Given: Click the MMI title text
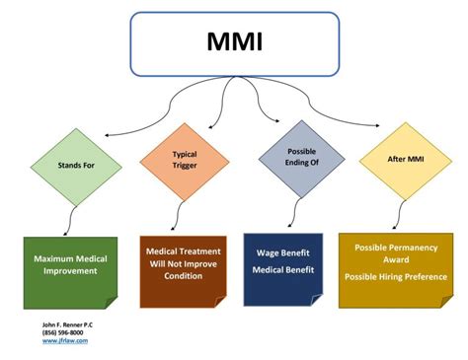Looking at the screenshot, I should coord(234,44).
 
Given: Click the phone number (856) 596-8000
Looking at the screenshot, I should coord(65,332).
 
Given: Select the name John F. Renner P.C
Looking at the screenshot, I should coord(68,324).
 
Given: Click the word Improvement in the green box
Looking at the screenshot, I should coord(70,271).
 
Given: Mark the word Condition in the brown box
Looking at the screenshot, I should coord(183,275).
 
